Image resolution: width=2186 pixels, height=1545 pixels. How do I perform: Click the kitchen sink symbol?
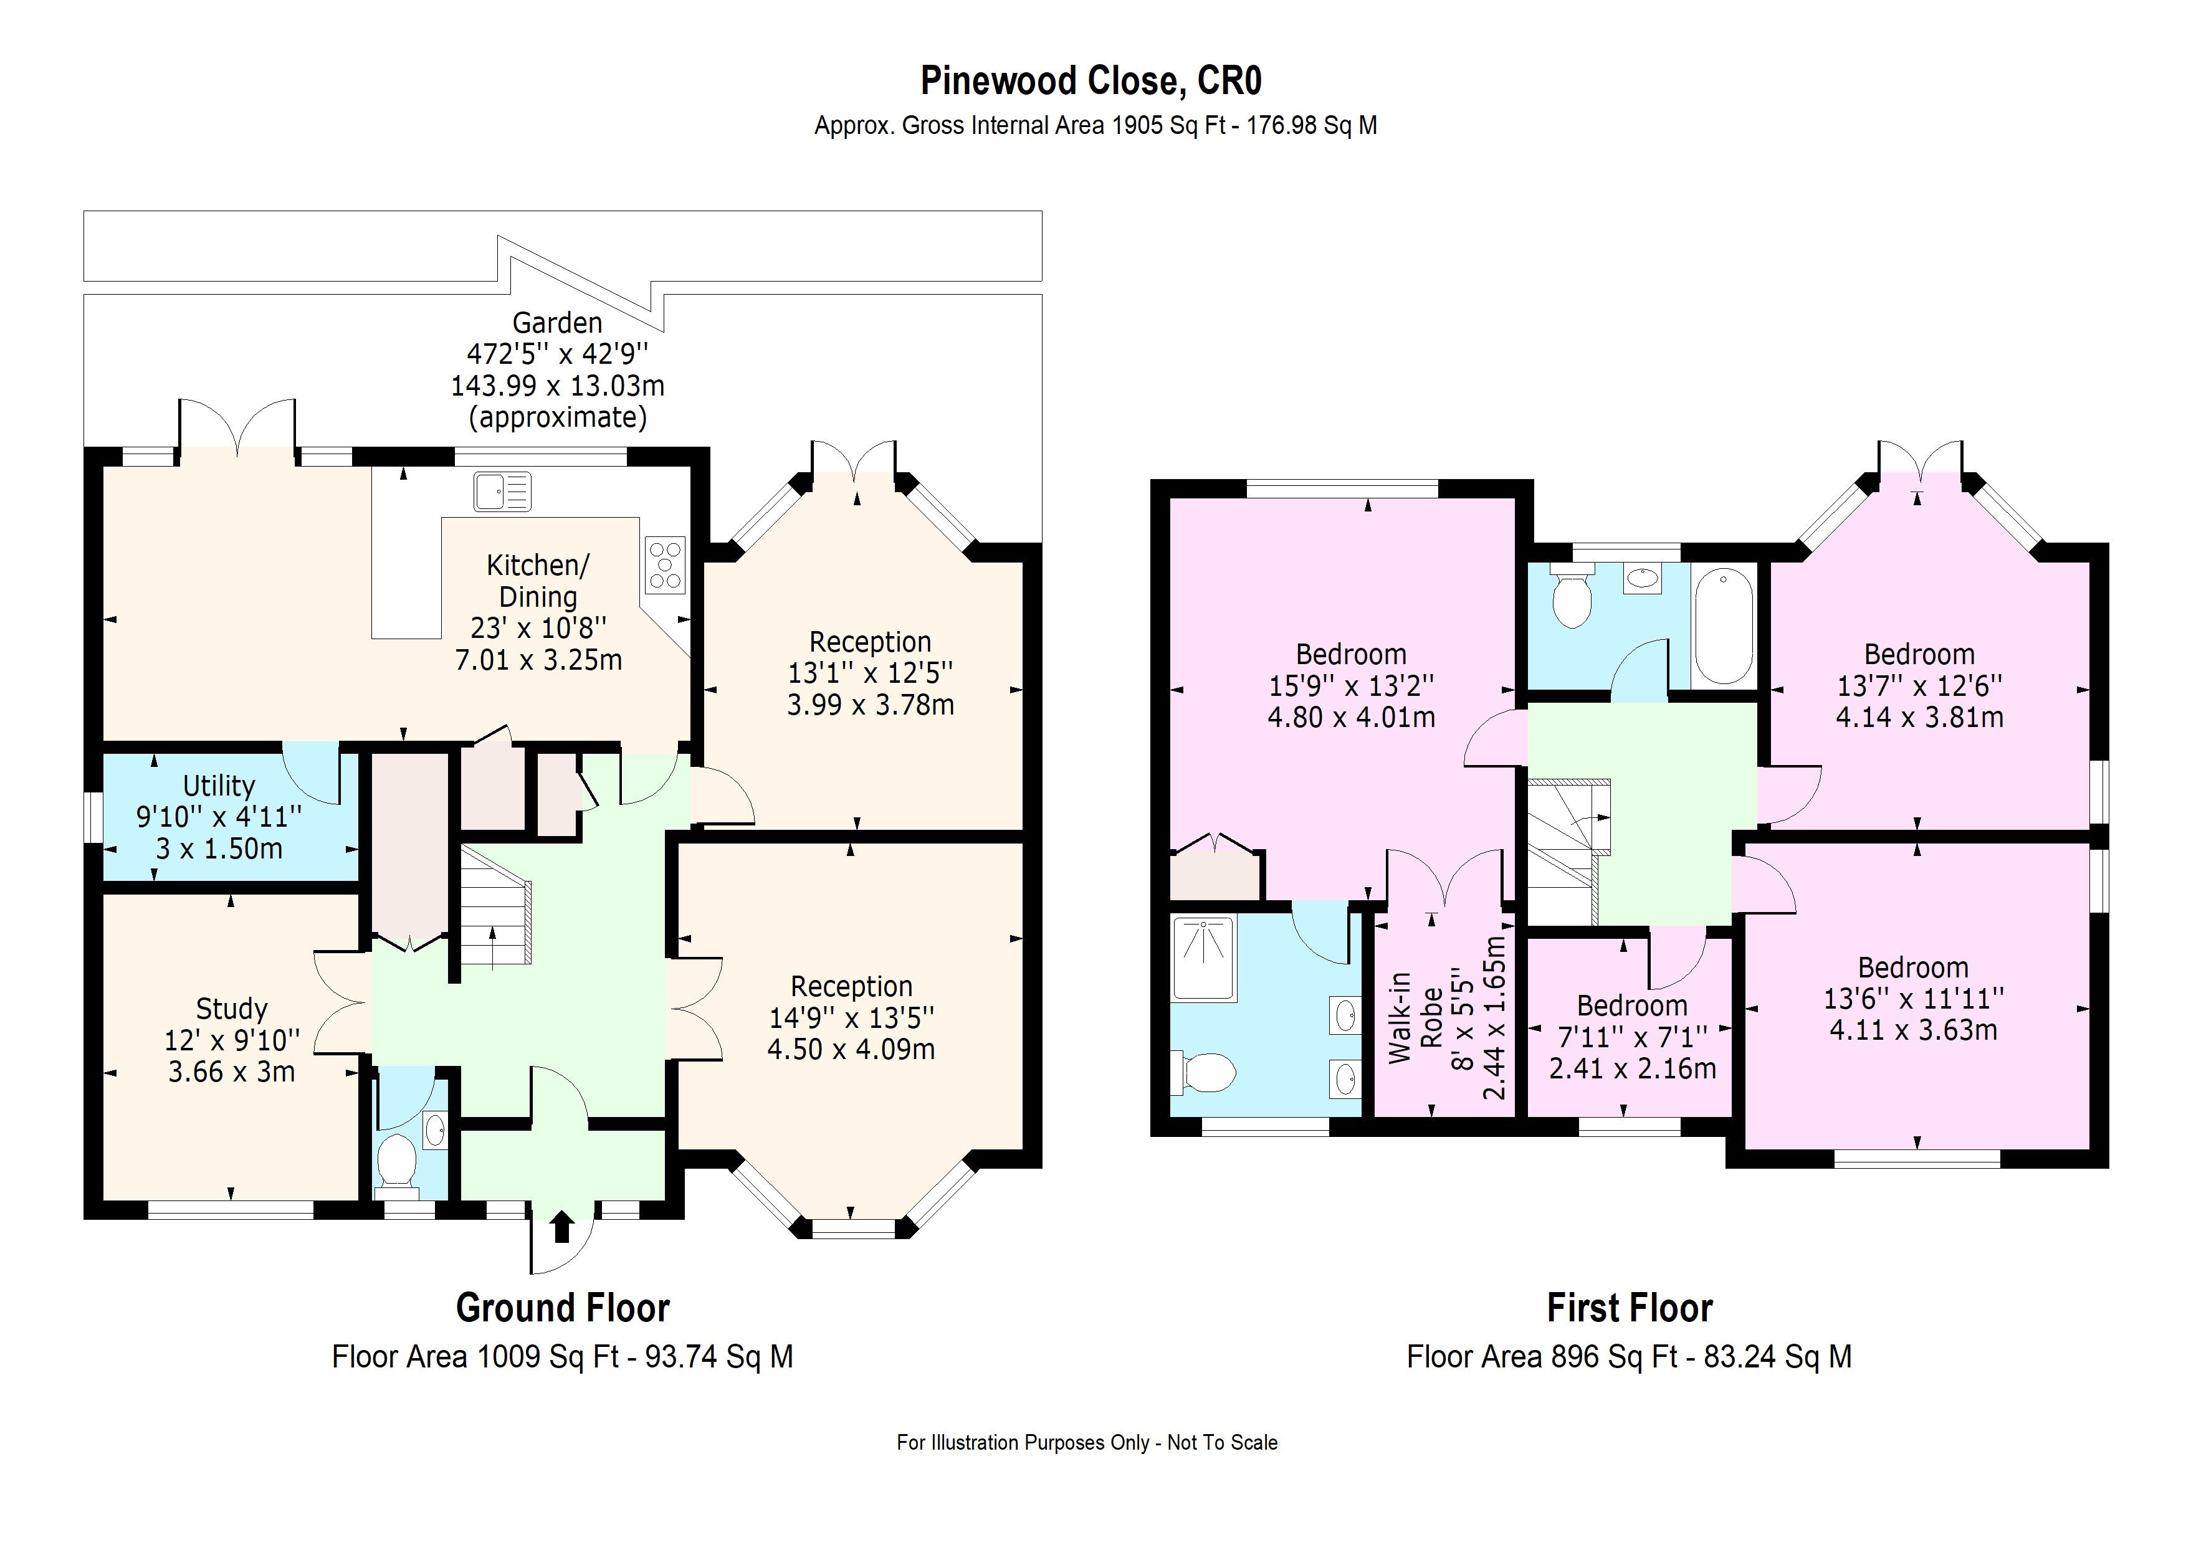(502, 492)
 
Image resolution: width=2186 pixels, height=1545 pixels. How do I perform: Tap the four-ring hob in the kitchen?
(664, 566)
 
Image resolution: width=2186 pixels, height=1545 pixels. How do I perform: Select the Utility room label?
(219, 786)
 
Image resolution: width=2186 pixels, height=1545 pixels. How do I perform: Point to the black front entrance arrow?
(561, 1227)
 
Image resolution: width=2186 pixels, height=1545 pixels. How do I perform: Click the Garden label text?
(557, 323)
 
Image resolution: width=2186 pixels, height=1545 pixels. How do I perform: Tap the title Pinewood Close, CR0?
(1091, 81)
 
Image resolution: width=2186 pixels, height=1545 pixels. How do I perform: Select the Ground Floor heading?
(563, 1308)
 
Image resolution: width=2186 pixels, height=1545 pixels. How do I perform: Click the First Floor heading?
(1629, 1308)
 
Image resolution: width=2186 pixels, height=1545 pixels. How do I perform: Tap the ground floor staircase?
(494, 909)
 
